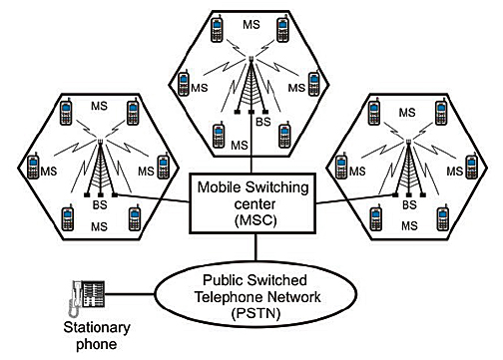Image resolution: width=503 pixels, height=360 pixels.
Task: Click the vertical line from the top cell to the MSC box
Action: (x=248, y=150)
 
